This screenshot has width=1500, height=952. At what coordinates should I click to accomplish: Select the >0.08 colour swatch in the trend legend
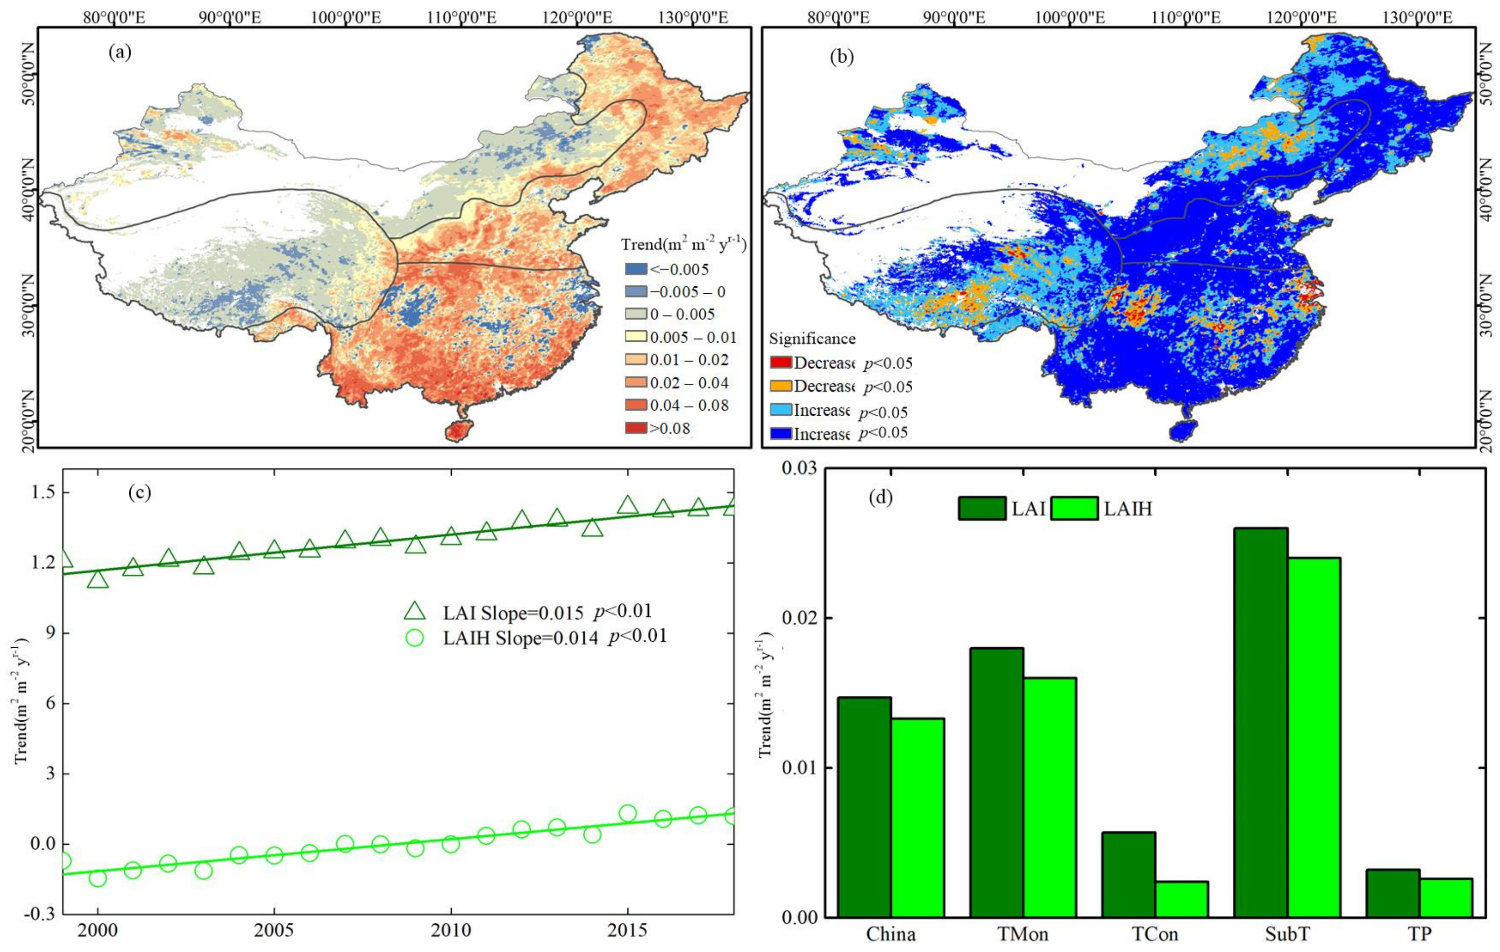pos(636,428)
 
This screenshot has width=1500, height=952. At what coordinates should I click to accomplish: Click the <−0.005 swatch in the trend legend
pos(636,269)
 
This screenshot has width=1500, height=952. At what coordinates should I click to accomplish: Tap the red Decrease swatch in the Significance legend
pos(781,362)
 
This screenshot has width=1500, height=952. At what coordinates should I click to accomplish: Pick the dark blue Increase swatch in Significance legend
pos(781,433)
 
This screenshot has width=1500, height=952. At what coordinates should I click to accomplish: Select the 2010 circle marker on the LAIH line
pos(450,844)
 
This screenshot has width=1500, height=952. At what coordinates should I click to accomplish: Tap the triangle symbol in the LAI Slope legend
pos(414,611)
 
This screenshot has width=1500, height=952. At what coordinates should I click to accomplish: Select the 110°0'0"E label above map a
pos(462,17)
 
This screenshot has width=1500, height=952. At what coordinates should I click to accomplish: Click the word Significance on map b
pos(812,338)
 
